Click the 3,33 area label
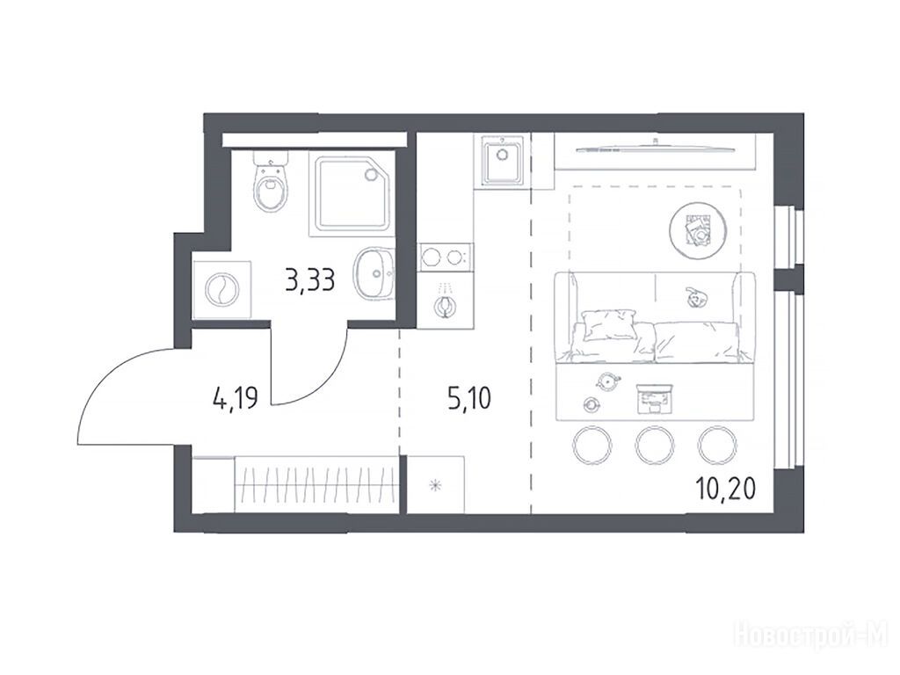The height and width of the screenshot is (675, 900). coord(310,280)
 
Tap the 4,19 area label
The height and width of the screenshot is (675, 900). coord(236,397)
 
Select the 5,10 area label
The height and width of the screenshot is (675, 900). coord(469,398)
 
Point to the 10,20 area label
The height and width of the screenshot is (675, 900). coord(725,489)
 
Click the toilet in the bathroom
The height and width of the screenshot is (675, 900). coord(271,183)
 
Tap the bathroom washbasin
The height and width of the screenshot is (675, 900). coord(374,274)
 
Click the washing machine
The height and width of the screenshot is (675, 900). coord(222,289)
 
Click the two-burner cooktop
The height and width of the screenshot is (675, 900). coord(446,258)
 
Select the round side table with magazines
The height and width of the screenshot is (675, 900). coord(697,229)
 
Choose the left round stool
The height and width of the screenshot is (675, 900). coord(592,445)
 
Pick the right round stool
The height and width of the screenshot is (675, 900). coord(717,445)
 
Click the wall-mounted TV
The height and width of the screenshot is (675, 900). coord(654,149)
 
